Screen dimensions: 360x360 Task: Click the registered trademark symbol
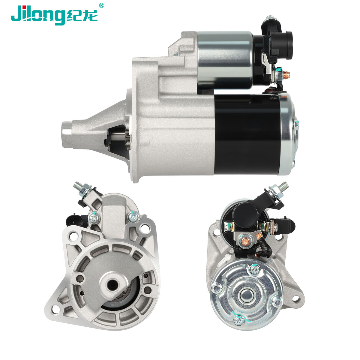click(101, 5)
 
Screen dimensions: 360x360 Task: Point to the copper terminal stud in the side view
click(287, 74)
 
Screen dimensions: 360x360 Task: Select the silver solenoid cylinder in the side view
click(225, 60)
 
